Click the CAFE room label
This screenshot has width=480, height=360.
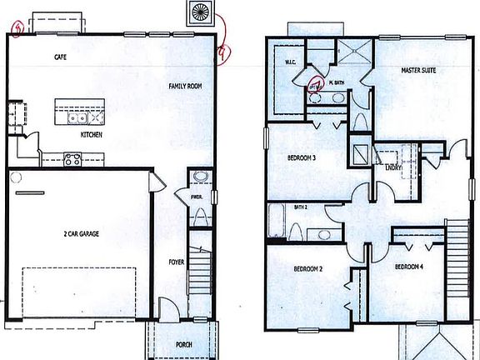click(x=60, y=58)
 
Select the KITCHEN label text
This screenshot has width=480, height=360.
click(x=92, y=133)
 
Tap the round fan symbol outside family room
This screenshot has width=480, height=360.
click(x=202, y=12)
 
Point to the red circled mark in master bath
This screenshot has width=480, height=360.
click(x=317, y=83)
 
